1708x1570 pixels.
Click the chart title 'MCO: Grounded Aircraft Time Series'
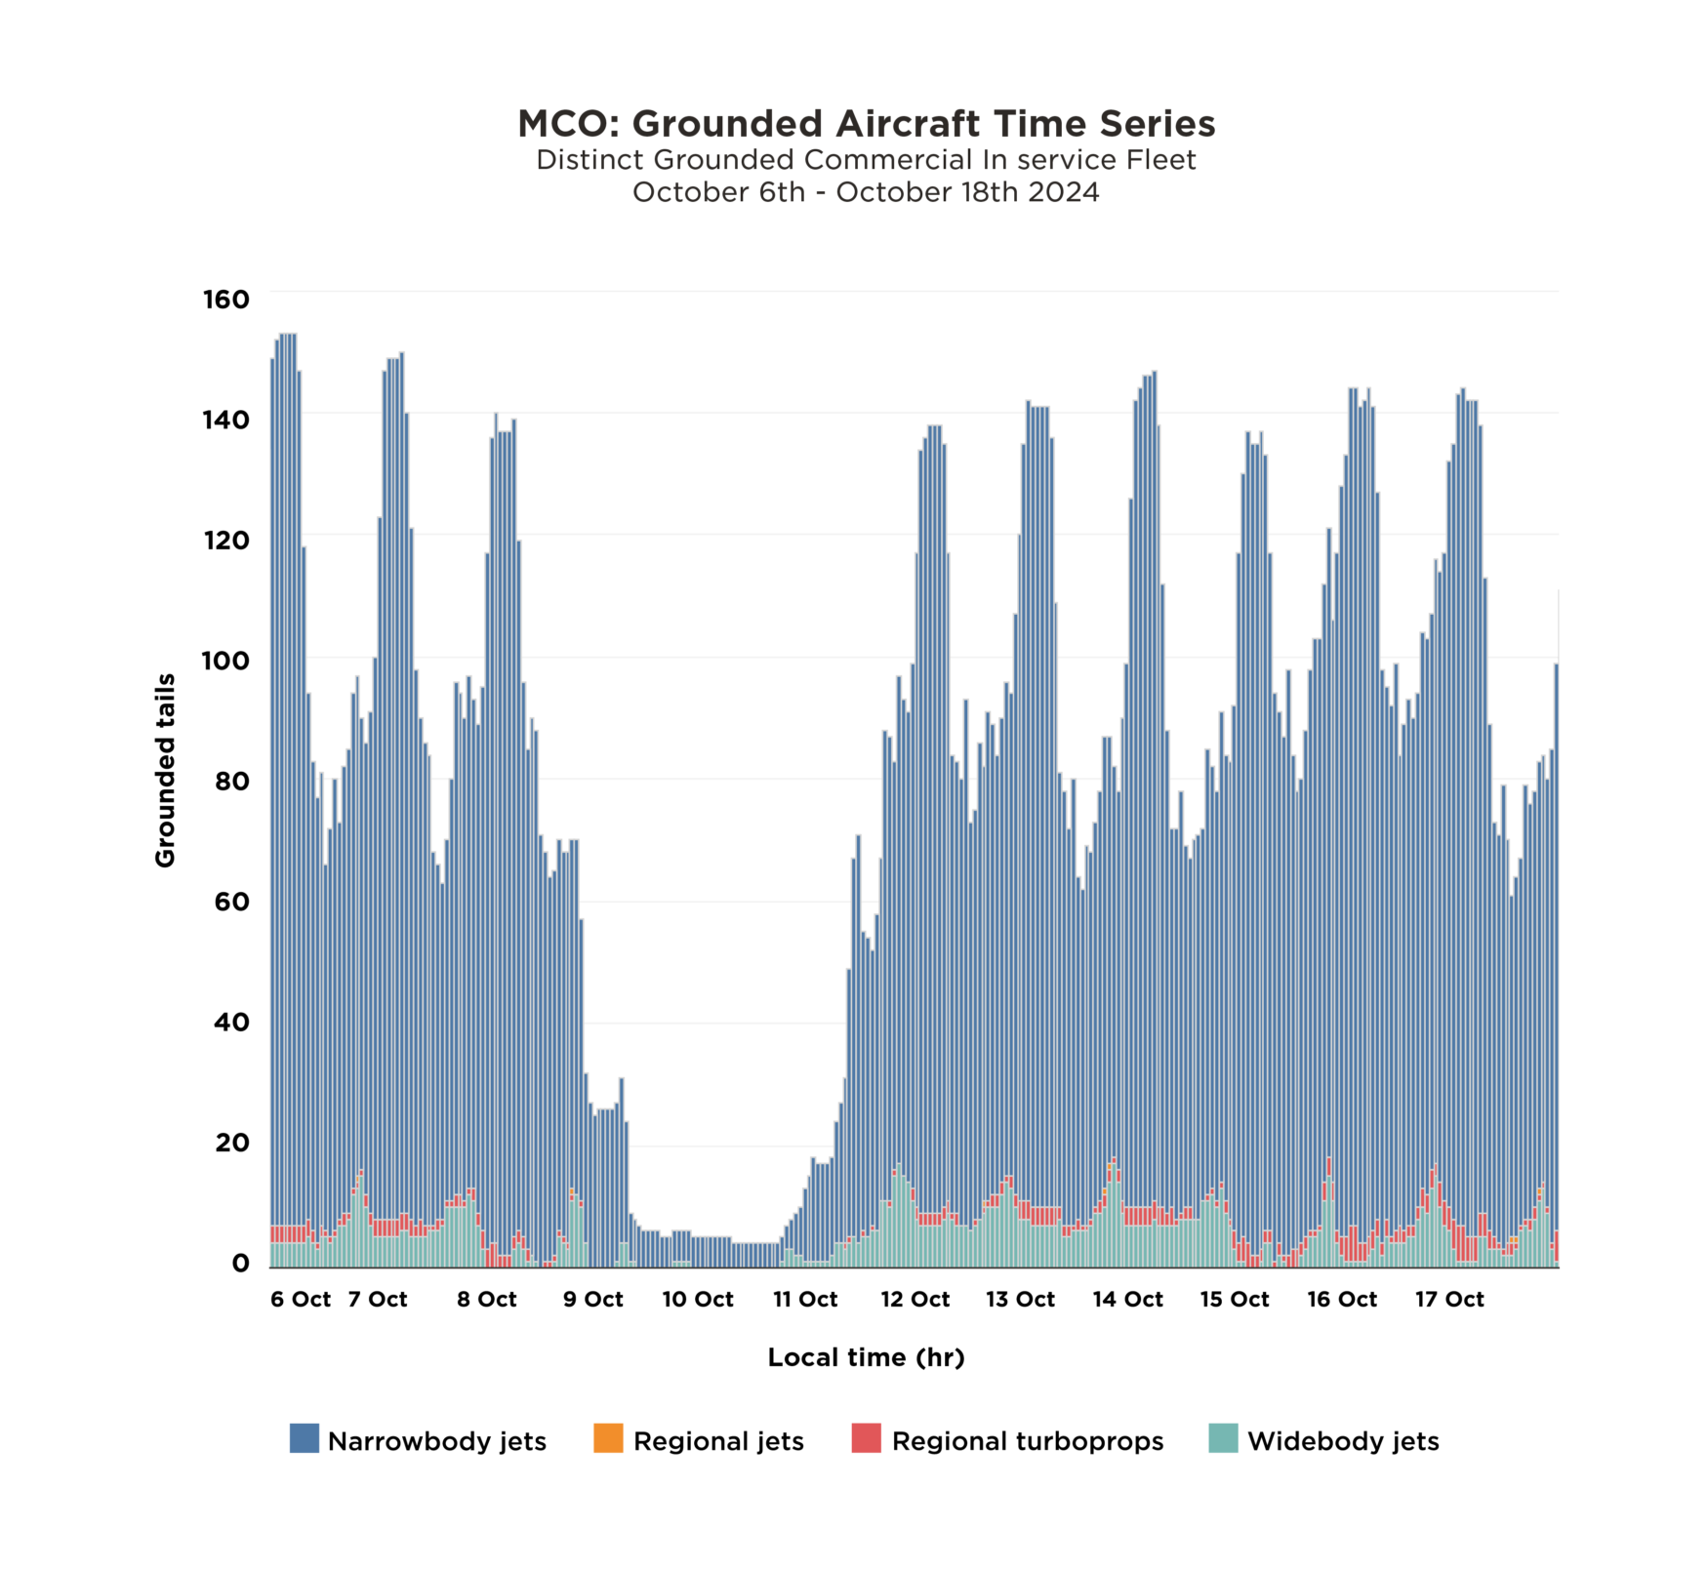866,124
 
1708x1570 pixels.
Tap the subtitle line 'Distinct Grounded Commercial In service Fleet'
866,160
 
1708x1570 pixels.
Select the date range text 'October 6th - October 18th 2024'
866,192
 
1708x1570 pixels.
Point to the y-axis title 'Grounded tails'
165,770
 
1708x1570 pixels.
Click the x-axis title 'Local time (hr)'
866,1357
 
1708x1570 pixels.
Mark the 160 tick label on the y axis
226,300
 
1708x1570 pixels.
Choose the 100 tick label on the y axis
226,661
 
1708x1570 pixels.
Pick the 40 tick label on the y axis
232,1023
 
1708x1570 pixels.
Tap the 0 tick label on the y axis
241,1264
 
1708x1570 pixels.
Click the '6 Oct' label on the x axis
301,1300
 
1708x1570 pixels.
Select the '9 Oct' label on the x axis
593,1300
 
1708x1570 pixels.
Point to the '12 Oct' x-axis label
915,1300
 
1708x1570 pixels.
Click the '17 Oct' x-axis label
1450,1300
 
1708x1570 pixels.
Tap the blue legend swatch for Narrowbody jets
305,1438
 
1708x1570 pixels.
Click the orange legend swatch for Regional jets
608,1438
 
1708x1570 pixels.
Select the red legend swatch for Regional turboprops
866,1438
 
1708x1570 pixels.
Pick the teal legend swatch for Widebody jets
1223,1438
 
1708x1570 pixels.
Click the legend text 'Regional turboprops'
1028,1442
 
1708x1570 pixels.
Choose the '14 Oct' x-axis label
1128,1300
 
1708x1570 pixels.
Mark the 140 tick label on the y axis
226,420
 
